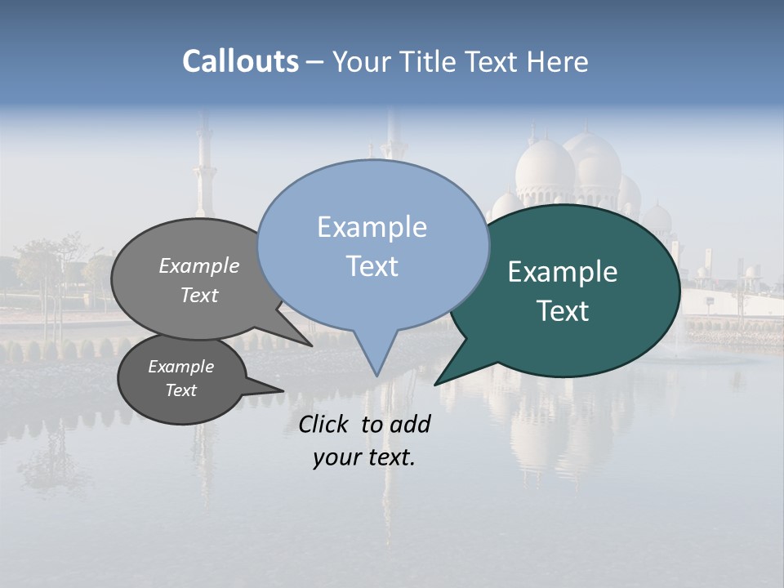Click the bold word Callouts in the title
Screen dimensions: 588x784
coord(240,61)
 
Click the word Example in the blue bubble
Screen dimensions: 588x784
coord(372,227)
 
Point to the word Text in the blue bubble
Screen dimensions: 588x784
coord(372,266)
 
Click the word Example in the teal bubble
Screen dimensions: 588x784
coord(563,272)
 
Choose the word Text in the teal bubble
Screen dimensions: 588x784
coord(563,311)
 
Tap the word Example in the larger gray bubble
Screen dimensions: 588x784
coord(198,266)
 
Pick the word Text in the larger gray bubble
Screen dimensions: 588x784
coord(198,295)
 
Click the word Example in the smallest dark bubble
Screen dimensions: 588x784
coord(180,367)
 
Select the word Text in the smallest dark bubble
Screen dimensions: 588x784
coord(180,390)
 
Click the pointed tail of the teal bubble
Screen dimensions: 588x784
coord(439,381)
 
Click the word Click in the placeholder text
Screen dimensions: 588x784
coord(325,424)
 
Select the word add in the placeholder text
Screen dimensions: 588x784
coord(410,424)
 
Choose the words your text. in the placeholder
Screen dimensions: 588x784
coord(364,457)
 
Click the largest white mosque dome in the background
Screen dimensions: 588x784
coord(546,167)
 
